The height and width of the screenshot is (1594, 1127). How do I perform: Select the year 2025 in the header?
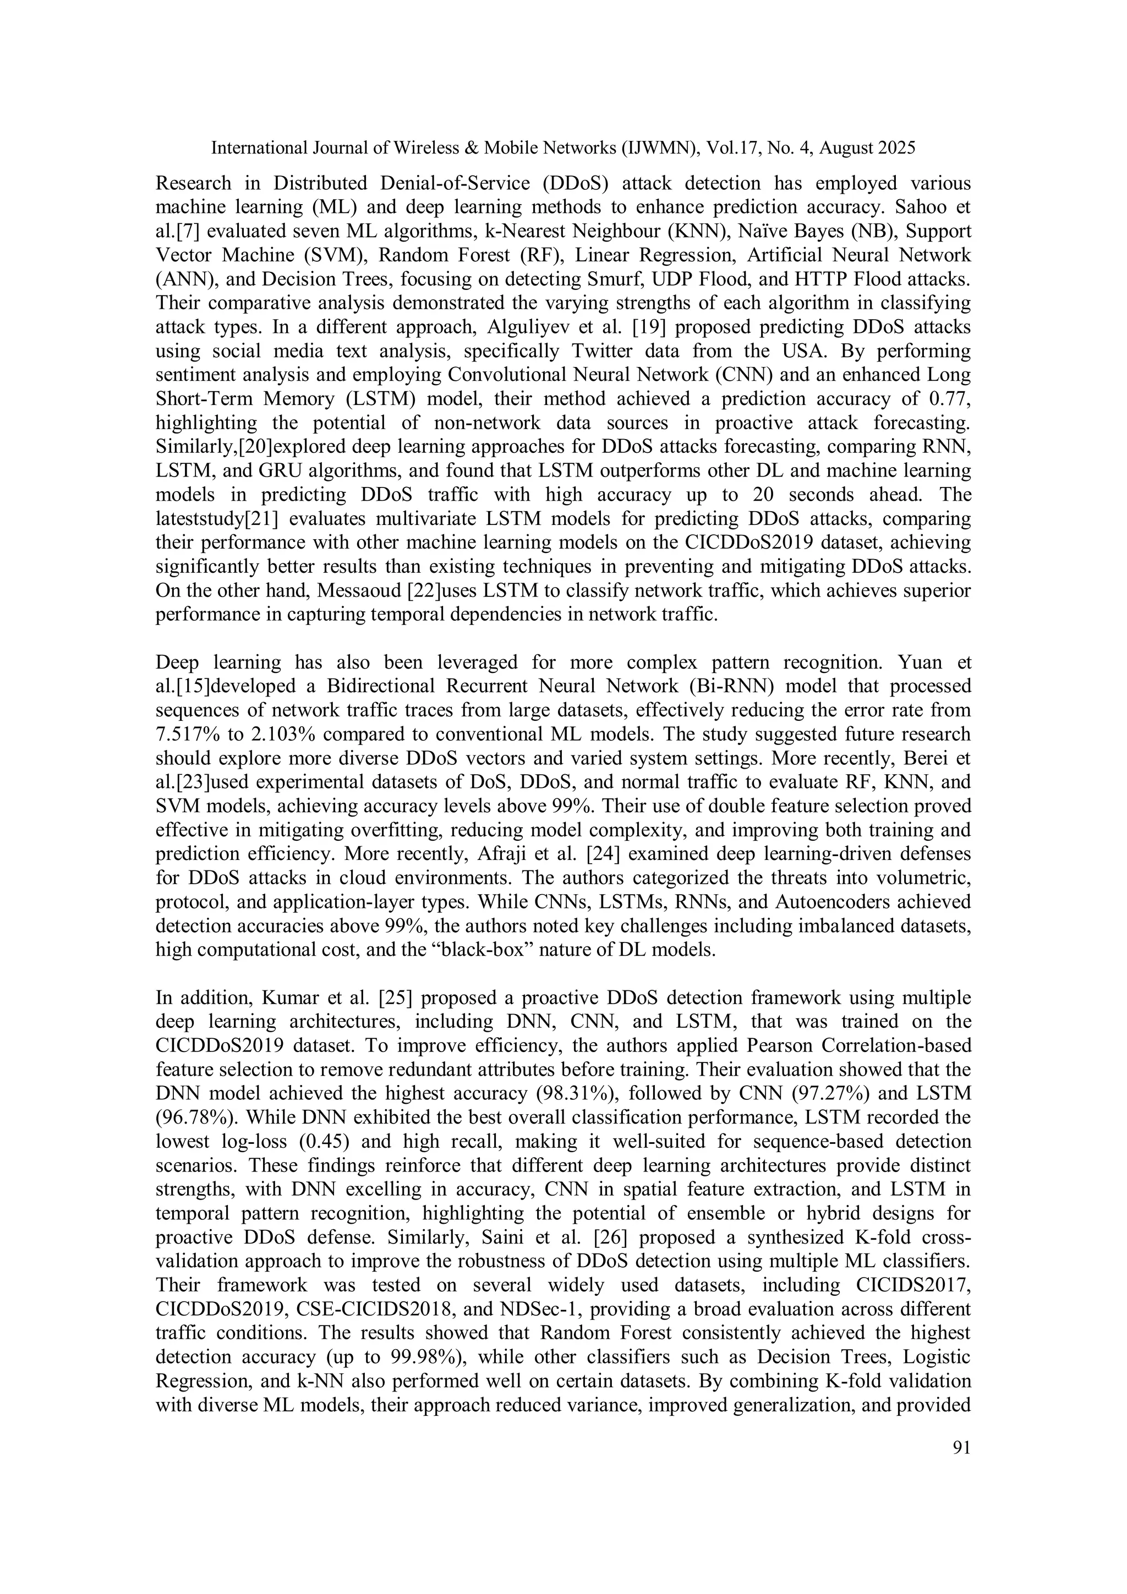point(894,148)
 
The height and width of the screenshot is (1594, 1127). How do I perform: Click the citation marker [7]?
point(188,232)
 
